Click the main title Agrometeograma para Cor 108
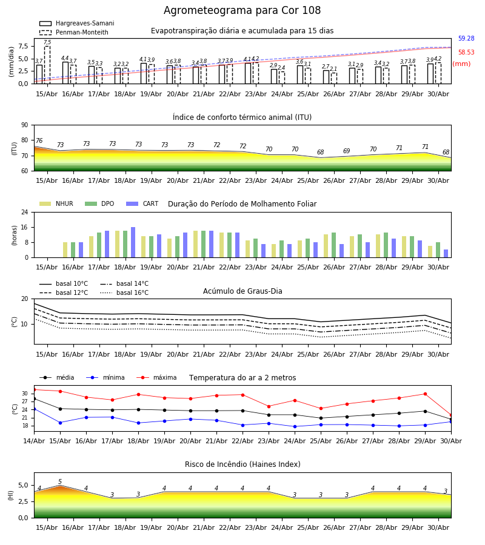coord(242,10)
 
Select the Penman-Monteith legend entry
coord(74,32)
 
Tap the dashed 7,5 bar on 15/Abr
coord(47,65)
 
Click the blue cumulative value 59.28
coord(466,38)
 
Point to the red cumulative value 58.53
coord(466,52)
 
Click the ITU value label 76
coord(39,140)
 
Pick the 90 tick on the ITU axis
coord(25,125)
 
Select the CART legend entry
coord(142,203)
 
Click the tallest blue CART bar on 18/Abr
coord(133,242)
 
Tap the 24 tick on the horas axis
coord(25,212)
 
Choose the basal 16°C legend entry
coord(124,292)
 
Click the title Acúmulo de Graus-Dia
coord(242,291)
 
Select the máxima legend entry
coord(157,377)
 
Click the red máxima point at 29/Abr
coord(425,394)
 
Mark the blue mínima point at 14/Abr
coord(35,409)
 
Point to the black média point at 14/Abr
coord(35,398)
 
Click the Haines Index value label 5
coord(60,481)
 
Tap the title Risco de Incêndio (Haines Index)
coord(242,464)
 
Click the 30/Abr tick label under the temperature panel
coord(451,441)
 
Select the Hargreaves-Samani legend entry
coord(77,23)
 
